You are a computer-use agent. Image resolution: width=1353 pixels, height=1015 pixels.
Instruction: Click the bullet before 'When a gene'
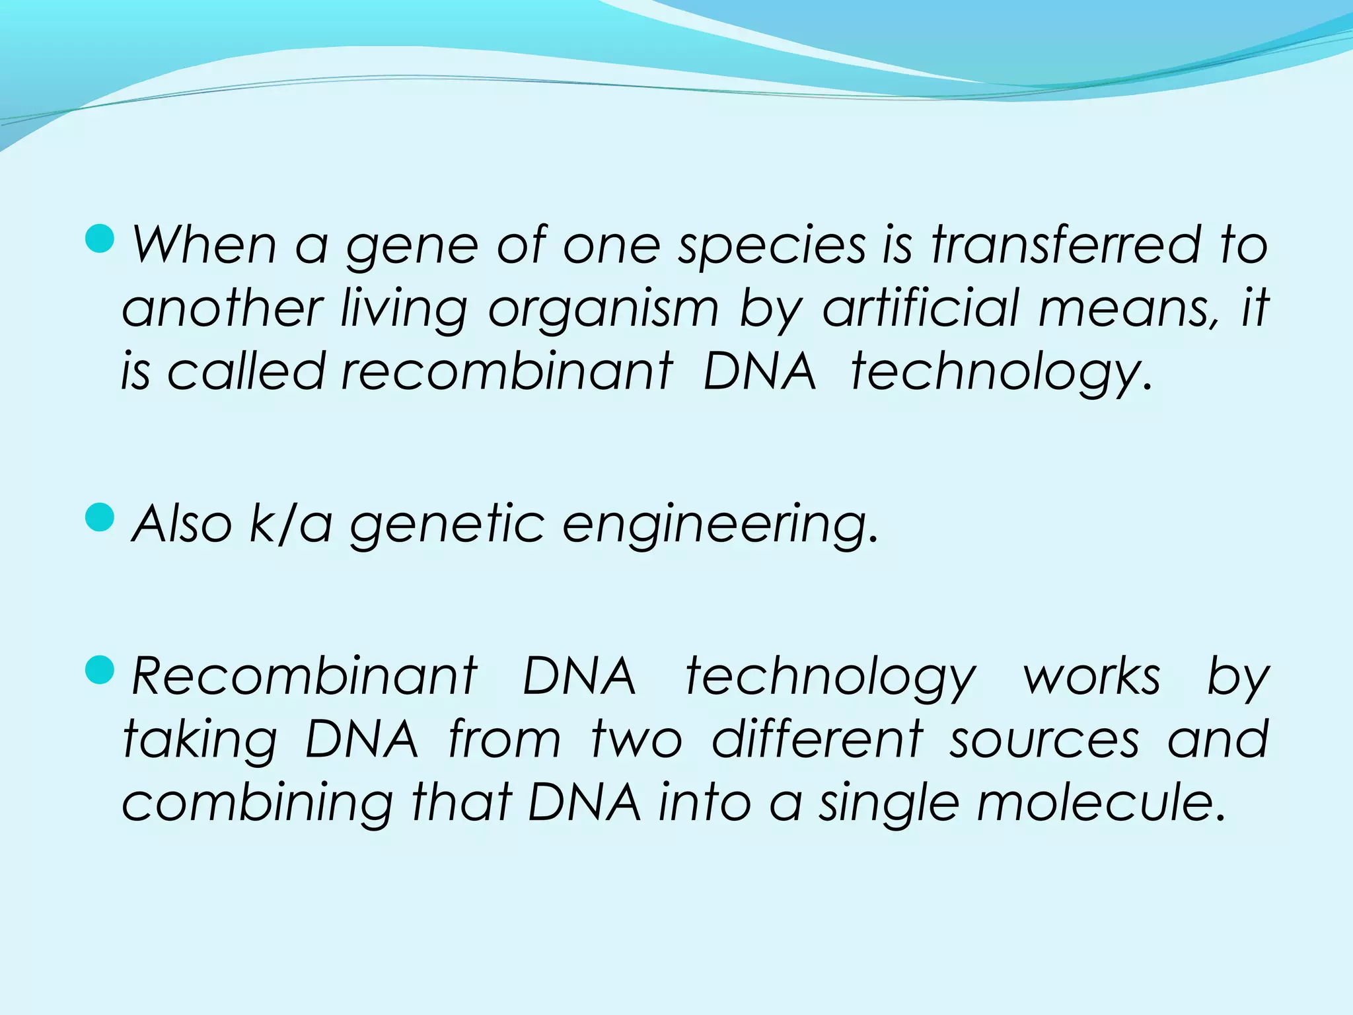(100, 239)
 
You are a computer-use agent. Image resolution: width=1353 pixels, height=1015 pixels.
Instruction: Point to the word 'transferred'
(1066, 245)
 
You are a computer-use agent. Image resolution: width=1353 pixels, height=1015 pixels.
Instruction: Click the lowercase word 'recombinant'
(507, 371)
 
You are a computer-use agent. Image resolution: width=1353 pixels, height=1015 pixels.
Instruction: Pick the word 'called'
(246, 371)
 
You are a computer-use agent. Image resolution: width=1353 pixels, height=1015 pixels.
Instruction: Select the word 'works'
(1091, 677)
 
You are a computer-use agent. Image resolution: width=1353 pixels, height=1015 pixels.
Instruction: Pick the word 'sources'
(1044, 740)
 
